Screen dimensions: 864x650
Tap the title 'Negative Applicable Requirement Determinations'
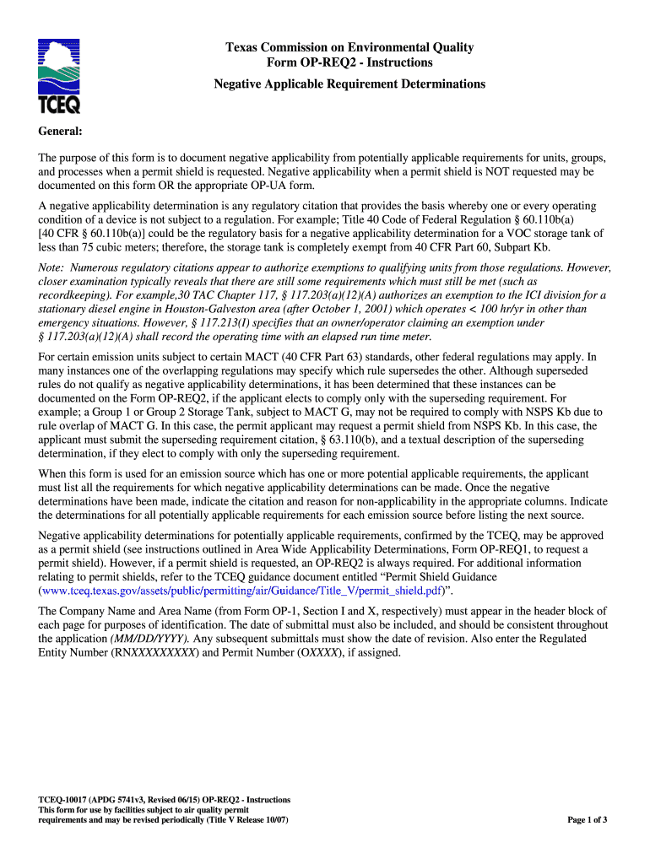[349, 84]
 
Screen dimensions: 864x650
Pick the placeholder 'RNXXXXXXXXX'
[153, 653]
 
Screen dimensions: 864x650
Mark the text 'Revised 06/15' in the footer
[174, 800]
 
